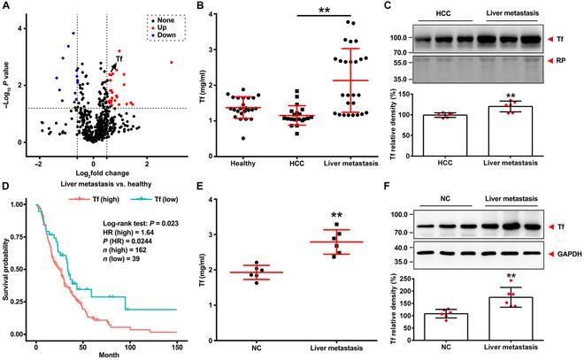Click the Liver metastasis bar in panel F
point(517,315)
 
